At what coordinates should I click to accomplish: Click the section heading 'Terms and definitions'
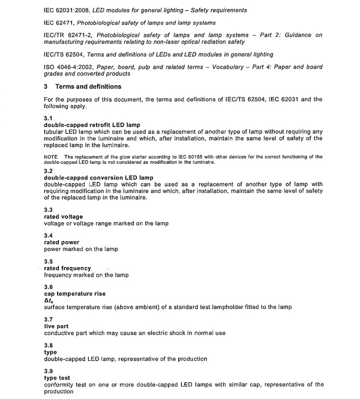pyautogui.click(x=88, y=86)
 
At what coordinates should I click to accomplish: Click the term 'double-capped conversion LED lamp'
pyautogui.click(x=99, y=177)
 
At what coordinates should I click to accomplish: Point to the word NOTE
pyautogui.click(x=50, y=157)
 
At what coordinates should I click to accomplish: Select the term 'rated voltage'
pyautogui.click(x=63, y=217)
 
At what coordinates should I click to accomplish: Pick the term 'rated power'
pyautogui.click(x=62, y=242)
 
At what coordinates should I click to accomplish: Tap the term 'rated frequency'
pyautogui.click(x=67, y=268)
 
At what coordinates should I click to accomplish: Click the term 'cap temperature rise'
pyautogui.click(x=75, y=294)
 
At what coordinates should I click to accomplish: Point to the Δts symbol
pyautogui.click(x=49, y=300)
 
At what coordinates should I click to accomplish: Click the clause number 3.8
pyautogui.click(x=48, y=345)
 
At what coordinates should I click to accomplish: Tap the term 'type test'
pyautogui.click(x=57, y=378)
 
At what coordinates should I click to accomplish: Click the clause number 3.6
pyautogui.click(x=48, y=287)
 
